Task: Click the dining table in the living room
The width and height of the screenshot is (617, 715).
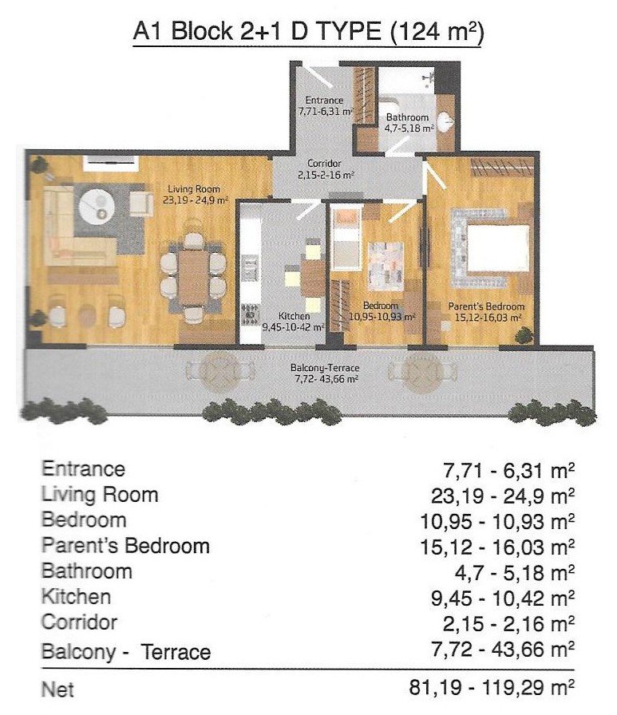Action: click(x=193, y=277)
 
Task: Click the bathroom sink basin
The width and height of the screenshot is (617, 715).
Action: click(x=445, y=122)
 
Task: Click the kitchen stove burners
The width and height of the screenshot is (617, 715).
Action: click(x=250, y=314)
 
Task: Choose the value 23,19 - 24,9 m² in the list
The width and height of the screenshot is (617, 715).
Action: click(x=502, y=496)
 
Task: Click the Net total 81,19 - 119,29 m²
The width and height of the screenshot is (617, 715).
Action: click(x=491, y=688)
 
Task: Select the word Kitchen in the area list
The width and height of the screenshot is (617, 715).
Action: click(x=76, y=597)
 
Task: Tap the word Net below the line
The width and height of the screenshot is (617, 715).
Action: click(x=57, y=689)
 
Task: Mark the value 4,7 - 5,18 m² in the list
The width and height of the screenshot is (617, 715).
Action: click(x=514, y=572)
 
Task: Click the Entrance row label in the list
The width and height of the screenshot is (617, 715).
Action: click(x=83, y=469)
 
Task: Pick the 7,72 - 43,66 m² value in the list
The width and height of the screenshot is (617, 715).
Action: click(x=502, y=649)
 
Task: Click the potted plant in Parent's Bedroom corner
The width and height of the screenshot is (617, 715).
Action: click(x=524, y=335)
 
